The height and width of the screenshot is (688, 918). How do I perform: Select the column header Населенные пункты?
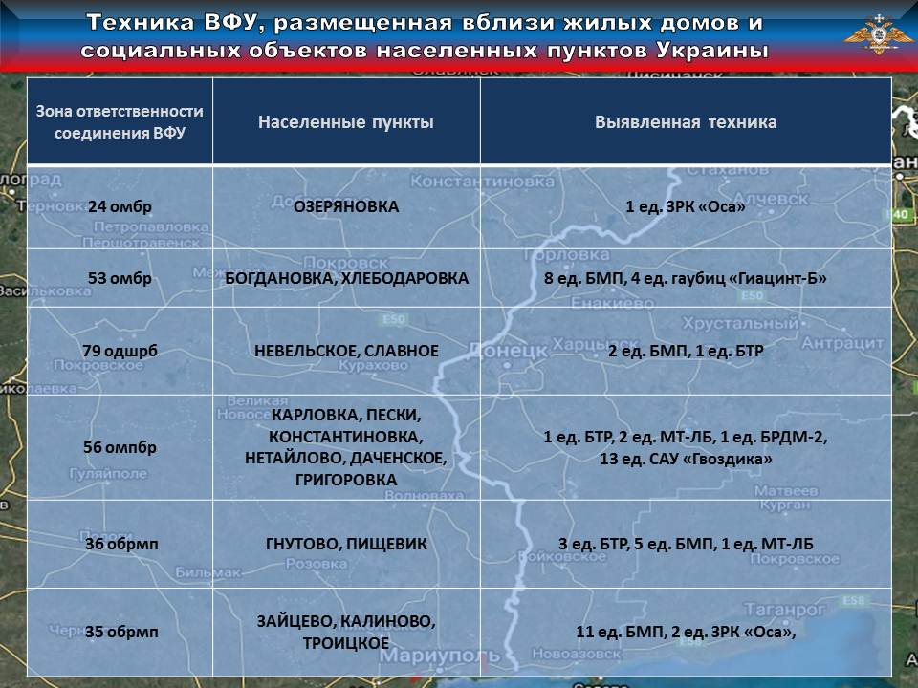[345, 122]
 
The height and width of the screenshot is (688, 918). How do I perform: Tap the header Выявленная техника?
[686, 122]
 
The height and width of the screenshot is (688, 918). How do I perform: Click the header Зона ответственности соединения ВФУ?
[120, 122]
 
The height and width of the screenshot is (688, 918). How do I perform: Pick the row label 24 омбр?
[120, 206]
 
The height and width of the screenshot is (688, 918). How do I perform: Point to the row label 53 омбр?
[120, 278]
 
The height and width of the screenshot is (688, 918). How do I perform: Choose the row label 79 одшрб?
[120, 351]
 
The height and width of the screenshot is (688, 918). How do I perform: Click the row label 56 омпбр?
[120, 447]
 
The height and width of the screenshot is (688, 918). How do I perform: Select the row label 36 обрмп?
[120, 545]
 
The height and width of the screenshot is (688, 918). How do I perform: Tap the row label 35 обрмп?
[120, 632]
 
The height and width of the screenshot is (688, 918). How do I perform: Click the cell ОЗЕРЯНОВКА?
[346, 206]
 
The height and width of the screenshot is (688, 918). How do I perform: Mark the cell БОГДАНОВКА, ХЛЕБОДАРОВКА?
[346, 278]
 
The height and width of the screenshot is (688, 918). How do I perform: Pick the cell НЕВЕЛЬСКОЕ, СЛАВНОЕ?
[346, 351]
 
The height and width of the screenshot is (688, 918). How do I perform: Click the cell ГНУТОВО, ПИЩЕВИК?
[346, 545]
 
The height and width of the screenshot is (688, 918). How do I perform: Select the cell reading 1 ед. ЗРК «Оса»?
[686, 206]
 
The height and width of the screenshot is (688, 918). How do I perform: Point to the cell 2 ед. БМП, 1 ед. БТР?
[686, 351]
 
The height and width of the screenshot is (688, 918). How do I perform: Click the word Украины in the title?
[713, 50]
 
